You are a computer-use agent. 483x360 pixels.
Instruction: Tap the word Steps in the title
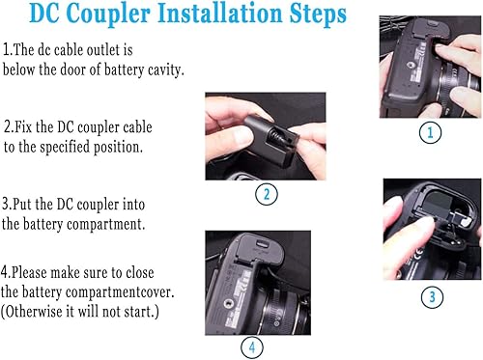tap(311, 16)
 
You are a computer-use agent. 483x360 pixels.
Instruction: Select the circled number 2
tap(266, 194)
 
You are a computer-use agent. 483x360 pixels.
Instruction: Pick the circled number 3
tap(432, 296)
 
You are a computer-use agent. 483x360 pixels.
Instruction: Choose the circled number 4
tap(251, 345)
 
